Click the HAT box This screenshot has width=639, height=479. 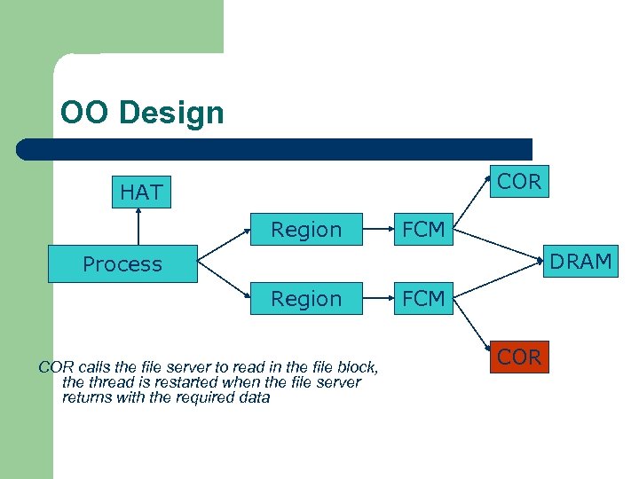coord(141,192)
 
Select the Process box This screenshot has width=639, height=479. coord(122,264)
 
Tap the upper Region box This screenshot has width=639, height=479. coord(306,230)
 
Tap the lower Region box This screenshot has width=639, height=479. coord(306,299)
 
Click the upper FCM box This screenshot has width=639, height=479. coord(423,230)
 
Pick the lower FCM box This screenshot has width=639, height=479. coord(423,299)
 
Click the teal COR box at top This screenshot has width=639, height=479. coord(519,182)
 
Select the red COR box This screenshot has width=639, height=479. coord(519,357)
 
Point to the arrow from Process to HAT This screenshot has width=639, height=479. coord(139,227)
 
